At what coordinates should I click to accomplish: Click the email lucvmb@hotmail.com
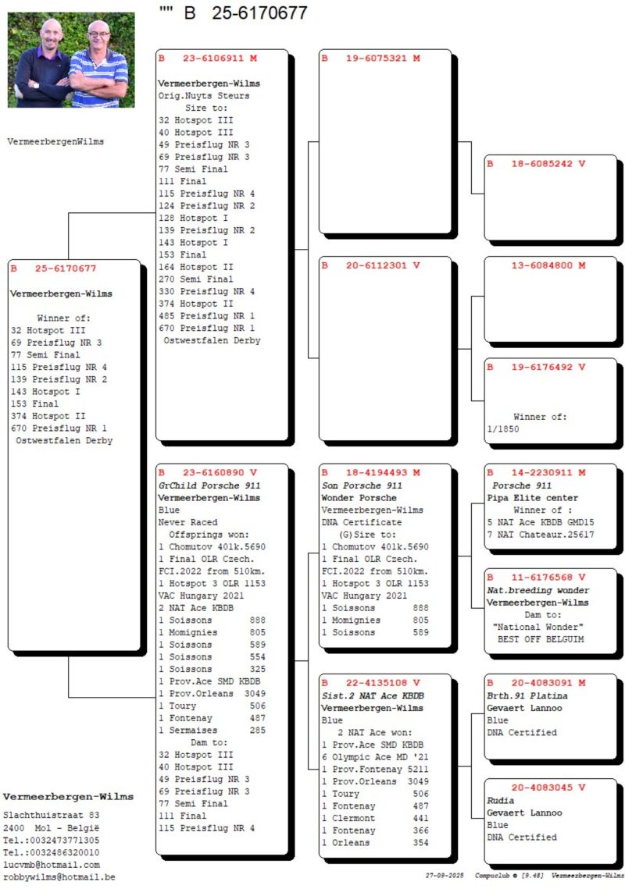[52, 865]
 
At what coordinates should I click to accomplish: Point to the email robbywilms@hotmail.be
[59, 877]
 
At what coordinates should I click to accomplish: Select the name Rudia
[501, 800]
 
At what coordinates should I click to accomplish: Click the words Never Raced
[187, 522]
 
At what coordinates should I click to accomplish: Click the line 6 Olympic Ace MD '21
[375, 758]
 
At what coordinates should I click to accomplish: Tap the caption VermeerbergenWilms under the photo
[55, 142]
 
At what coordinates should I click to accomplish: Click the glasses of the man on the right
[99, 34]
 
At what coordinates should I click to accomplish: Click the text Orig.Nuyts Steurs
[204, 96]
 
